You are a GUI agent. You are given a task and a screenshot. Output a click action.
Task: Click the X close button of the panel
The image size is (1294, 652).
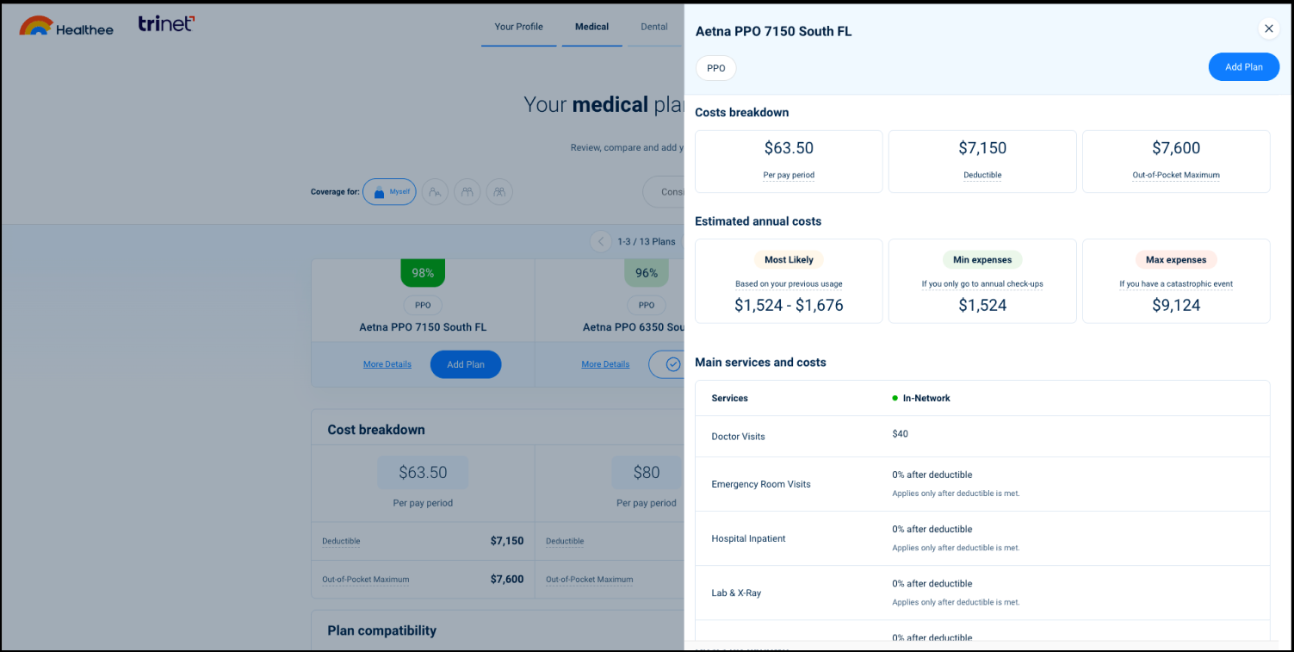1268,28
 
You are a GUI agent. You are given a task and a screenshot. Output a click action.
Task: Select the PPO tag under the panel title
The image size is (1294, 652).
715,68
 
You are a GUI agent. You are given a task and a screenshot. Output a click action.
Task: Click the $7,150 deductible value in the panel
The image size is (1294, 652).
982,148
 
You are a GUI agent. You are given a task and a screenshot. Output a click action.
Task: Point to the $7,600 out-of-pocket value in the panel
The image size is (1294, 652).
1176,148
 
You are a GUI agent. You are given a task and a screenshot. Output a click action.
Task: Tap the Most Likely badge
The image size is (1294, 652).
789,259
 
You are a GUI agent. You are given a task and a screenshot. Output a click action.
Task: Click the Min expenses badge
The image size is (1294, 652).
982,259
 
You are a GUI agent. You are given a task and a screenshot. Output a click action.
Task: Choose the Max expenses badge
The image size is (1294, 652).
1176,259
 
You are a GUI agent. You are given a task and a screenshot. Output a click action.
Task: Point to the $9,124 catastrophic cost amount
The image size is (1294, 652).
1176,305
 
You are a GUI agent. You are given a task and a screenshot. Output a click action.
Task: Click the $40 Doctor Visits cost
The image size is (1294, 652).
900,434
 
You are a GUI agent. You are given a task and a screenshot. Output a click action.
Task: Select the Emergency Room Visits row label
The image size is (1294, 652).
761,484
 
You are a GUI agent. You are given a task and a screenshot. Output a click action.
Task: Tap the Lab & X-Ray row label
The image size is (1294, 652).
736,593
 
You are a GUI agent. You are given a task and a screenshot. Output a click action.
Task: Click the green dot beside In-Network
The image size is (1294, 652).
895,398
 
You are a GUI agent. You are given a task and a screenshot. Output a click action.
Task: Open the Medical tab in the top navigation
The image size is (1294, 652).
591,27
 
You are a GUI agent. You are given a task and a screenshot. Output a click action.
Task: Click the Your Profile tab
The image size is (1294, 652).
518,27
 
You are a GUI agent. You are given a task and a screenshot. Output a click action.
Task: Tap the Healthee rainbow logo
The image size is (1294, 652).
36,26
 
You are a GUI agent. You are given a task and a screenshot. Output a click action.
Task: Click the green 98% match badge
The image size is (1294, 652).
423,273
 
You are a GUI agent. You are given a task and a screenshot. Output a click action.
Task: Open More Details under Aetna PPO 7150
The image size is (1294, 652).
387,364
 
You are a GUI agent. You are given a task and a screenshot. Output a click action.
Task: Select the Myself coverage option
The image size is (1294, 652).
389,192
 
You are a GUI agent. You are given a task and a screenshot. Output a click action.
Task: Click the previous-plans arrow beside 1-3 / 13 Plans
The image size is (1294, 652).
601,242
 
